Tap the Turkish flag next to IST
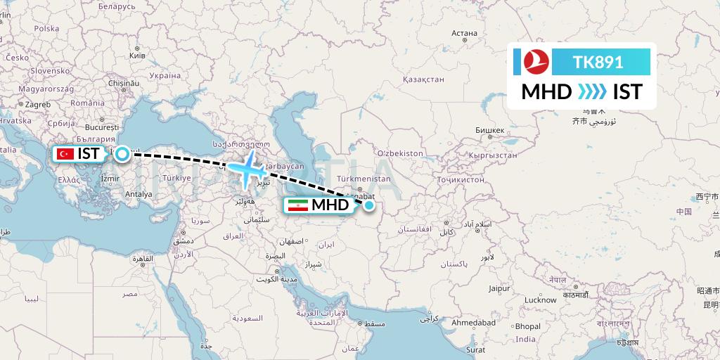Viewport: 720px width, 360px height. [x=67, y=153]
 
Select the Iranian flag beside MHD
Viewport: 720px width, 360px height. [x=297, y=205]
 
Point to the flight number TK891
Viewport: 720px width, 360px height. [x=598, y=62]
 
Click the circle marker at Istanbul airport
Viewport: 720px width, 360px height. [x=122, y=153]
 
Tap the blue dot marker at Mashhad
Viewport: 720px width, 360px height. [x=368, y=205]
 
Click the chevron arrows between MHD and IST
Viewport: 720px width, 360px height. [x=592, y=92]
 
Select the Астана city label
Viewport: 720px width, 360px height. [x=464, y=33]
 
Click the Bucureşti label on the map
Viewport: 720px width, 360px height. [x=101, y=129]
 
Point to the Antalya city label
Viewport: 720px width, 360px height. [x=139, y=194]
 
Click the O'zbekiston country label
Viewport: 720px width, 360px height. [x=400, y=153]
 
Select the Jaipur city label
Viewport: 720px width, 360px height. [x=499, y=288]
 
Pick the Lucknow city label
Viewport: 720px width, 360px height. [x=540, y=300]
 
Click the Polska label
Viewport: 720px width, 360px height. [x=46, y=29]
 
